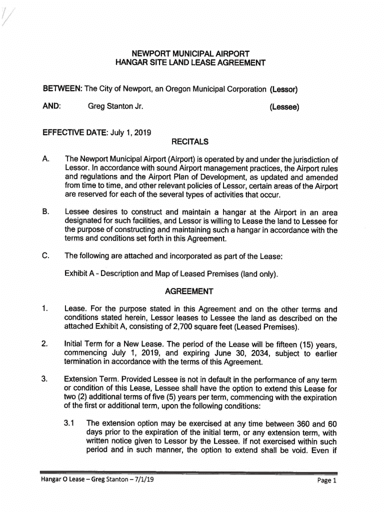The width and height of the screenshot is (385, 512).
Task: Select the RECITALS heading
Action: point(189,142)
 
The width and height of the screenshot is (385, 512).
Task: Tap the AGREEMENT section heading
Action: point(189,291)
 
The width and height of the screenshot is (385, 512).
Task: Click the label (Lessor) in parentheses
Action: point(284,90)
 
